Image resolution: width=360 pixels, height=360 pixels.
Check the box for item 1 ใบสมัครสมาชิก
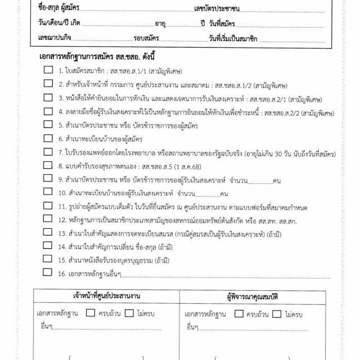48,70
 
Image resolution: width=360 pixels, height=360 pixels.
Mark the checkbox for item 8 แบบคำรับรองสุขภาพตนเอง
48,165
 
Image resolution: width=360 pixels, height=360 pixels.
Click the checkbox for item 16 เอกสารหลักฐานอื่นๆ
48,274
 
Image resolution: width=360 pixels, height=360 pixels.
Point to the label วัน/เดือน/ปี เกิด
60,24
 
